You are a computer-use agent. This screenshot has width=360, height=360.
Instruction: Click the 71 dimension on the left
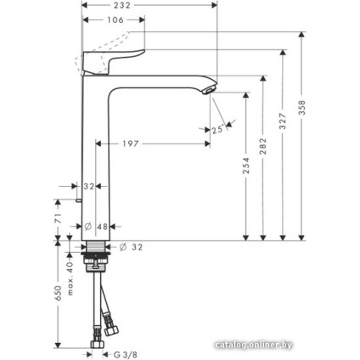(x=58, y=220)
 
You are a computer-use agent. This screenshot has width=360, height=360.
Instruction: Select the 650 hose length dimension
(x=58, y=293)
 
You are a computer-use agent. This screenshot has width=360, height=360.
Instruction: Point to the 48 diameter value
(x=102, y=227)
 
